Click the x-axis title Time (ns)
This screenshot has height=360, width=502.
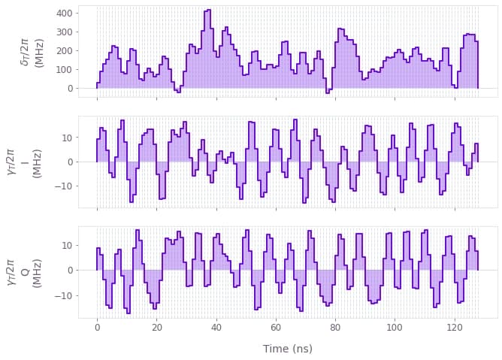(288, 349)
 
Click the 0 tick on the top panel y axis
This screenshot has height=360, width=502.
(69, 88)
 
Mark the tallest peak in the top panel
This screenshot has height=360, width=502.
(207, 11)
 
